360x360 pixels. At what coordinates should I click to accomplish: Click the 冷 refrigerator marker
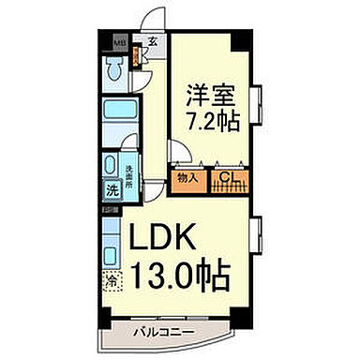[x=111, y=280]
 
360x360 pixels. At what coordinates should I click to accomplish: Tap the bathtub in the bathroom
[x=116, y=118]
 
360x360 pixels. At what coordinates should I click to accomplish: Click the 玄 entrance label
[x=151, y=40]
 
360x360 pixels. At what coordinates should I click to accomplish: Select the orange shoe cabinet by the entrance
[x=138, y=57]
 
